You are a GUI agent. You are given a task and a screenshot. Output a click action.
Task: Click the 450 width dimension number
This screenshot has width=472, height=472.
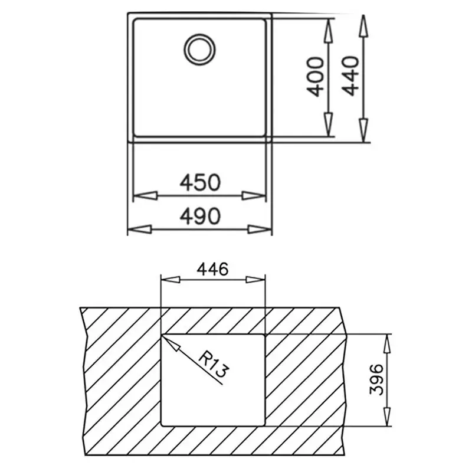(200, 182)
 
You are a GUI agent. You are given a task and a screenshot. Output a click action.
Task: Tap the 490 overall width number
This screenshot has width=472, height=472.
(200, 216)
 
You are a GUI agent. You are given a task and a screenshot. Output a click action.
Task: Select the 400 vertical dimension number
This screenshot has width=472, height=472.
(316, 77)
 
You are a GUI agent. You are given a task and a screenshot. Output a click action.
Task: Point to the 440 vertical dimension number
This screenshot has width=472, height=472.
(350, 76)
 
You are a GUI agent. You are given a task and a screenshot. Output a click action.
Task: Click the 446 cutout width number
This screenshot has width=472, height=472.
(212, 269)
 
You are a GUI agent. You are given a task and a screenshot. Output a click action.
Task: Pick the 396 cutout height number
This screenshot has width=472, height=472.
(376, 380)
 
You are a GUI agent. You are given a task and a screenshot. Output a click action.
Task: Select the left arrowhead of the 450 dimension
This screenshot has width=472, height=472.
(145, 196)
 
